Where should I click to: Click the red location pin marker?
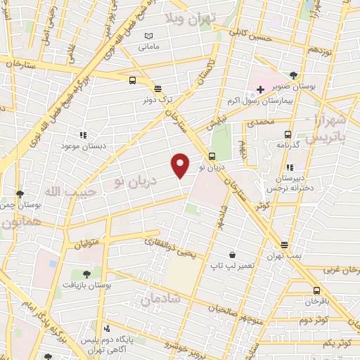[181, 165]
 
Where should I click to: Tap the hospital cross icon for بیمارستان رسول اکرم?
[260, 89]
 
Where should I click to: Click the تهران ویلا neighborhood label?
[191, 18]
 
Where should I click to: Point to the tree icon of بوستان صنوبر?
[294, 75]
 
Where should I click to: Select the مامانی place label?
[152, 47]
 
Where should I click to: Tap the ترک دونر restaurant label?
[159, 101]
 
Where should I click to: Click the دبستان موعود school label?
[83, 146]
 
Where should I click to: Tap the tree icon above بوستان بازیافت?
[86, 273]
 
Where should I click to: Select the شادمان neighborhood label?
[160, 299]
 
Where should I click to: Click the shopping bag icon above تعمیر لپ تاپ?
[232, 255]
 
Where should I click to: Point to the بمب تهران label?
[284, 257]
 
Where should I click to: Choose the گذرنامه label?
[288, 144]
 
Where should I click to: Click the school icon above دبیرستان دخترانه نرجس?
[290, 167]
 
